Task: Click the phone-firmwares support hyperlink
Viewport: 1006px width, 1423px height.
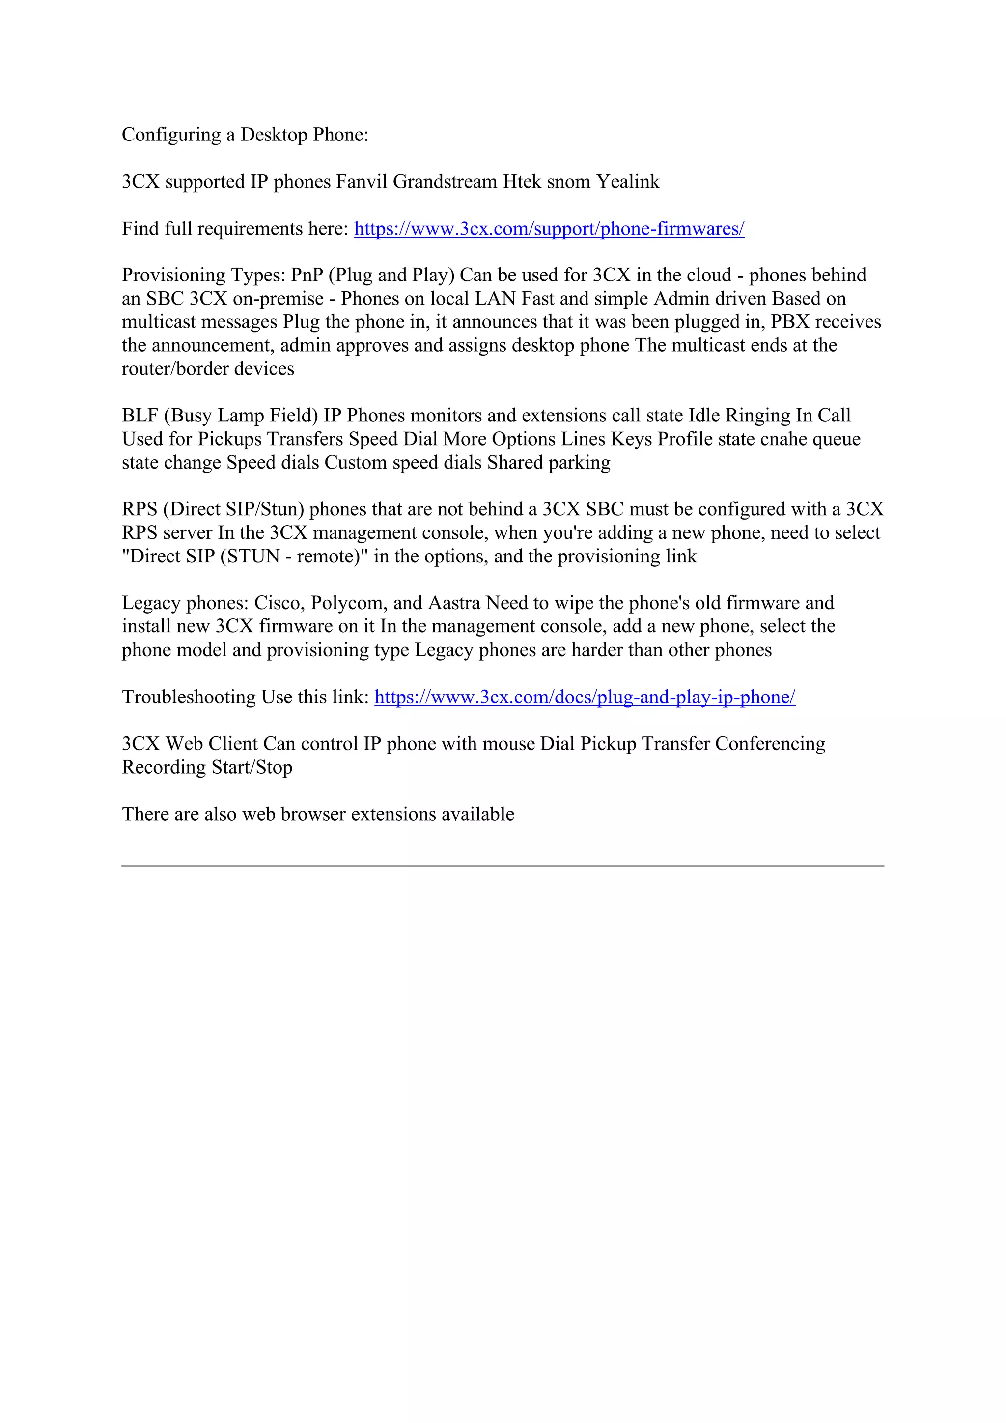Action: [549, 229]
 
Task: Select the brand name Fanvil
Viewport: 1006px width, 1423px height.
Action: [362, 182]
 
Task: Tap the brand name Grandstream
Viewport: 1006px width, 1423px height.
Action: [445, 182]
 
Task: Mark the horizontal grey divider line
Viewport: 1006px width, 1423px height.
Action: [502, 866]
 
